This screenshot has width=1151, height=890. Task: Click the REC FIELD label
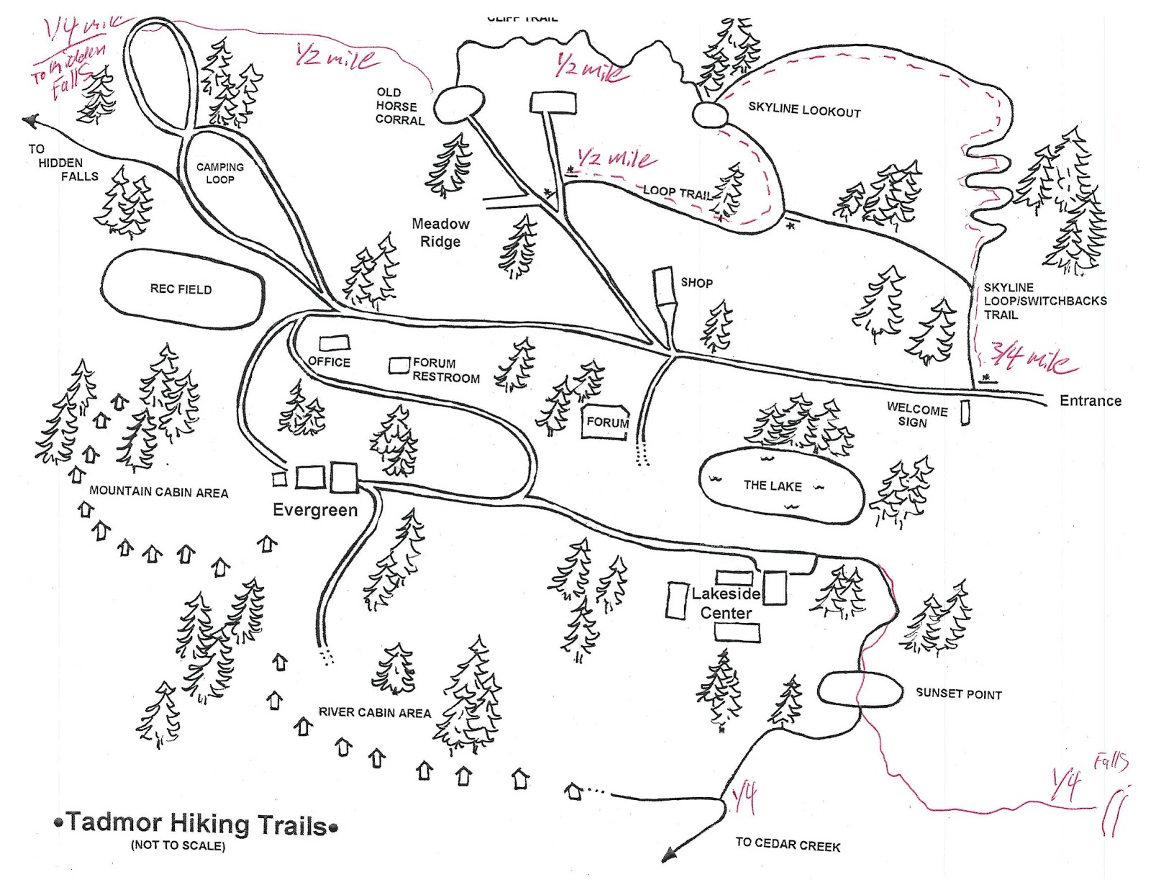click(x=181, y=289)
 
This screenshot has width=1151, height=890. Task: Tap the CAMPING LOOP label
click(x=220, y=173)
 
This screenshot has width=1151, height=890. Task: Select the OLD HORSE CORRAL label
click(x=399, y=106)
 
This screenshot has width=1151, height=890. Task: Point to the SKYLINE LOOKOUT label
click(x=804, y=109)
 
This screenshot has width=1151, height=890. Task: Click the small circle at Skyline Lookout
click(x=709, y=114)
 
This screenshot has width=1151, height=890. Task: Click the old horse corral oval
click(x=459, y=104)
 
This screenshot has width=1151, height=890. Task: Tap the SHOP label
click(x=696, y=283)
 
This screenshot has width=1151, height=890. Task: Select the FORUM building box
click(x=606, y=423)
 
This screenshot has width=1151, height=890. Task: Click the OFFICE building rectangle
click(x=335, y=343)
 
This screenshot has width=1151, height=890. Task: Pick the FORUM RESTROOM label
click(x=445, y=371)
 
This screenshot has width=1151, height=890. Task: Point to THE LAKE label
click(x=773, y=486)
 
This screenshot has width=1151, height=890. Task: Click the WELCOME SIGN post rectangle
click(x=965, y=412)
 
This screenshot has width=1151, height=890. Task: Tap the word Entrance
click(x=1090, y=401)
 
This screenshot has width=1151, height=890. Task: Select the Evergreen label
click(x=315, y=510)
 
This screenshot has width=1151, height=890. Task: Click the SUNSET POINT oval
click(x=860, y=689)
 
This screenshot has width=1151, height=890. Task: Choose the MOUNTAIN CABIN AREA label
click(x=158, y=492)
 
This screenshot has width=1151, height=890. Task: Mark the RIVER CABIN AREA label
click(x=374, y=712)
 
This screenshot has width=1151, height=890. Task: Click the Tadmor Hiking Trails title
click(x=196, y=824)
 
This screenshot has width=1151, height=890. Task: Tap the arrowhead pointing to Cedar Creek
click(x=670, y=855)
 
